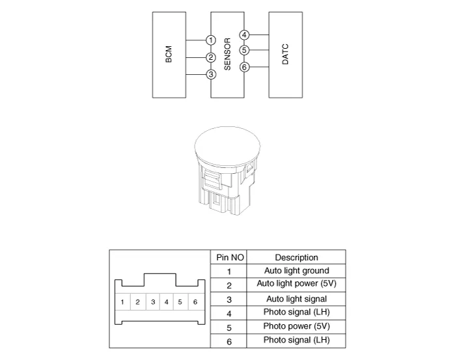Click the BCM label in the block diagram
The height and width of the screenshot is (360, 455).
pos(169,54)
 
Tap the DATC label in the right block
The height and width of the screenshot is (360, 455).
pos(285,54)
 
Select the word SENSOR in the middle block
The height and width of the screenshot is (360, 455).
pos(228,54)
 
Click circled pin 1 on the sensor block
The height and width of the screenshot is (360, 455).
pos(211,40)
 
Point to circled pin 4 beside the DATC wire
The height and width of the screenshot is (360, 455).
pos(244,35)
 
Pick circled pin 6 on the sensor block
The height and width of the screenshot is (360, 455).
pos(244,67)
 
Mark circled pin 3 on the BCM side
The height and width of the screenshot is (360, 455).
pos(211,74)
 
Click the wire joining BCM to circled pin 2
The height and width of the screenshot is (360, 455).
pos(196,57)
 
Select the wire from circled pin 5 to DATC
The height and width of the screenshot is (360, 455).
pos(259,50)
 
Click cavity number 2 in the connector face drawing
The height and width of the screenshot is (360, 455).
pos(137,302)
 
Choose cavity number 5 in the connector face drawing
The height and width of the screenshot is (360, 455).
pos(180,302)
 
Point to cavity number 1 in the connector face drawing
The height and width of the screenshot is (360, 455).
pos(122,302)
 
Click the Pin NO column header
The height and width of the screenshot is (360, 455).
pos(230,258)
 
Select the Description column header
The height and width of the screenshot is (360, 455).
pos(296,258)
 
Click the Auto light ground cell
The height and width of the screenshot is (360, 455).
pos(296,271)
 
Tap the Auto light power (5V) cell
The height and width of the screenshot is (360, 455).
pos(296,283)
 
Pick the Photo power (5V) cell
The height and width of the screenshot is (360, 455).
pos(296,326)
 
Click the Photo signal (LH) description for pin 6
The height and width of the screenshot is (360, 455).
pos(296,340)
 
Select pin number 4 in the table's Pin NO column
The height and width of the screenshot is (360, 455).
pos(229,314)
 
